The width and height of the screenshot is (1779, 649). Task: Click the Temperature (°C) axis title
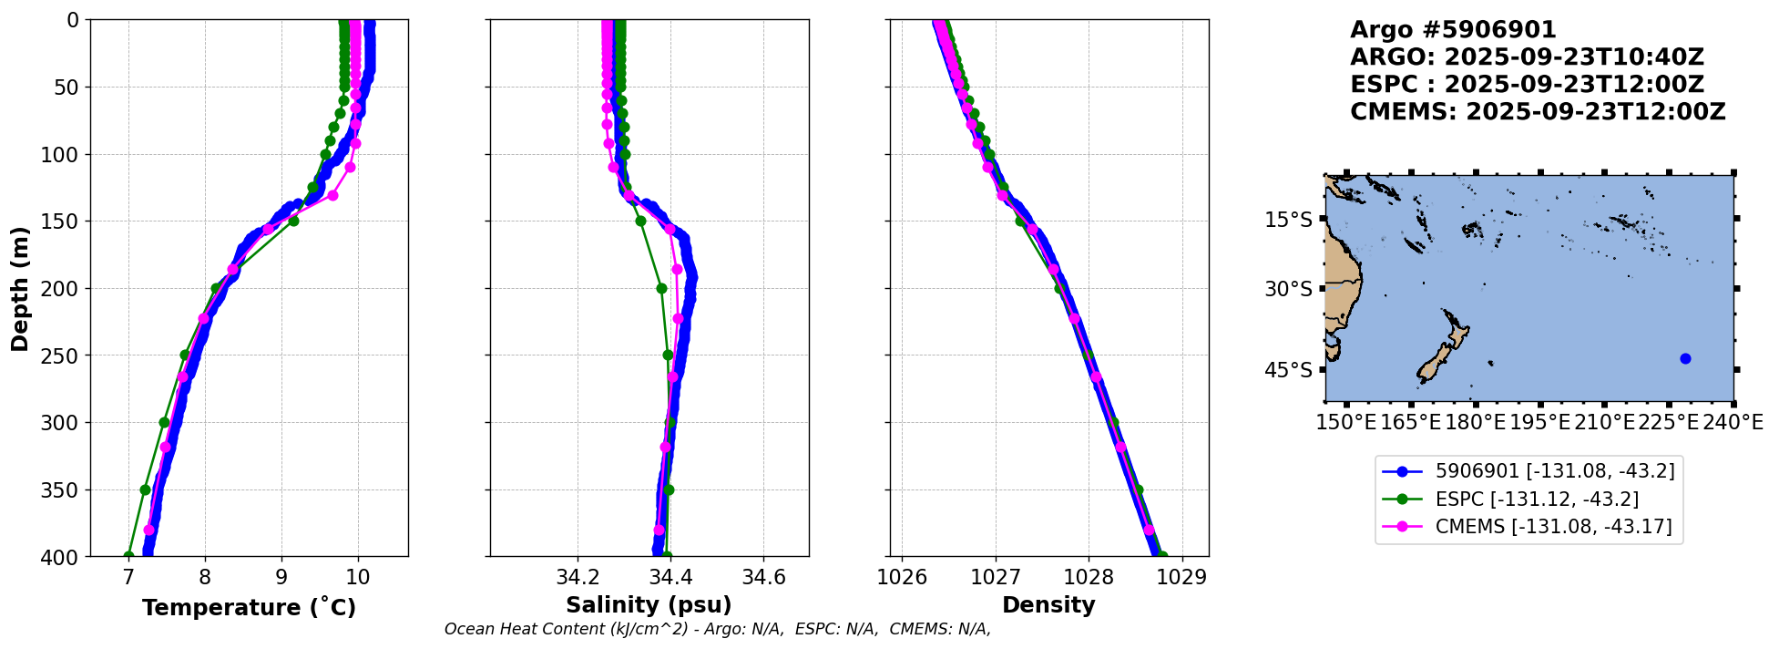pyautogui.click(x=249, y=608)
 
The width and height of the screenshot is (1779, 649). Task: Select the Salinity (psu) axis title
pyautogui.click(x=649, y=605)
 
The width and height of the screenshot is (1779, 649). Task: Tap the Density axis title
pyautogui.click(x=1048, y=605)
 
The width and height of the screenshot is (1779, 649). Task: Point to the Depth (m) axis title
pyautogui.click(x=20, y=288)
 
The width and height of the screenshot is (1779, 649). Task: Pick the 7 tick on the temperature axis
pyautogui.click(x=128, y=577)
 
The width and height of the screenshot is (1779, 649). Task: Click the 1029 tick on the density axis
pyautogui.click(x=1182, y=577)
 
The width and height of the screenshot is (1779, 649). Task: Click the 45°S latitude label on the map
pyautogui.click(x=1288, y=370)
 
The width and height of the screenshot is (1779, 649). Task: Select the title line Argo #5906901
pyautogui.click(x=1453, y=30)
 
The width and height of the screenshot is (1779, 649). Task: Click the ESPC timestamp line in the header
pyautogui.click(x=1527, y=85)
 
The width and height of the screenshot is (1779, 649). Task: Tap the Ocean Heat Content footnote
pyautogui.click(x=717, y=629)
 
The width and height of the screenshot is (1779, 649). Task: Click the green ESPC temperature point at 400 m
pyautogui.click(x=128, y=556)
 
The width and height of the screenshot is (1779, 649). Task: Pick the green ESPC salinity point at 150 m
pyautogui.click(x=640, y=221)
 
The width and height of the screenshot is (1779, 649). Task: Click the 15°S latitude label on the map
pyautogui.click(x=1288, y=220)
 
